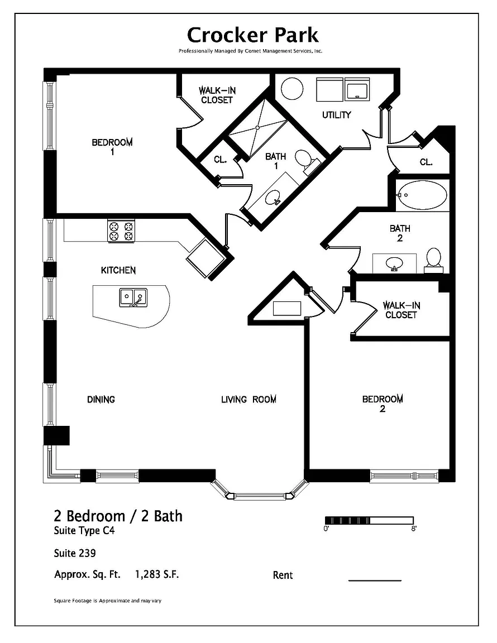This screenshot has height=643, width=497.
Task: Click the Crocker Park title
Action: coord(252,35)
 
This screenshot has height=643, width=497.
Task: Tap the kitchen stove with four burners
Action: coord(121,231)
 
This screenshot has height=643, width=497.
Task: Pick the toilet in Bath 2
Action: coord(433,260)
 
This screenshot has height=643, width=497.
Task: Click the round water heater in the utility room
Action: coord(292,88)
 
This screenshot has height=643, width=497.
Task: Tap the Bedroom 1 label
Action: coord(112,147)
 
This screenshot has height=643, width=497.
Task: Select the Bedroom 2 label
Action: coord(383,404)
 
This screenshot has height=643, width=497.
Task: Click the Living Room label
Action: coord(248,400)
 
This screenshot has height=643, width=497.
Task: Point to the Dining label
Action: coord(101,400)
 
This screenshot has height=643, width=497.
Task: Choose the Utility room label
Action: coord(337,115)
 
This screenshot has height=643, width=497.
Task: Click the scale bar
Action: coord(369,521)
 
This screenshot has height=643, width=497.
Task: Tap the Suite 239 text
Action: coord(75,553)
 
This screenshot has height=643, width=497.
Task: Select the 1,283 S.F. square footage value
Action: coord(157,574)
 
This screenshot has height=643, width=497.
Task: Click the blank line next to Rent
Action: coord(375,580)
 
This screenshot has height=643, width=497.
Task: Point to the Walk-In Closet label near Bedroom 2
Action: coord(402,310)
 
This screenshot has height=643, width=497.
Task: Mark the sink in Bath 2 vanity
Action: coord(394,263)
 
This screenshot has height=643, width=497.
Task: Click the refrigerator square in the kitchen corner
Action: coord(205,259)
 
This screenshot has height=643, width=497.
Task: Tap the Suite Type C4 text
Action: coord(84,531)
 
